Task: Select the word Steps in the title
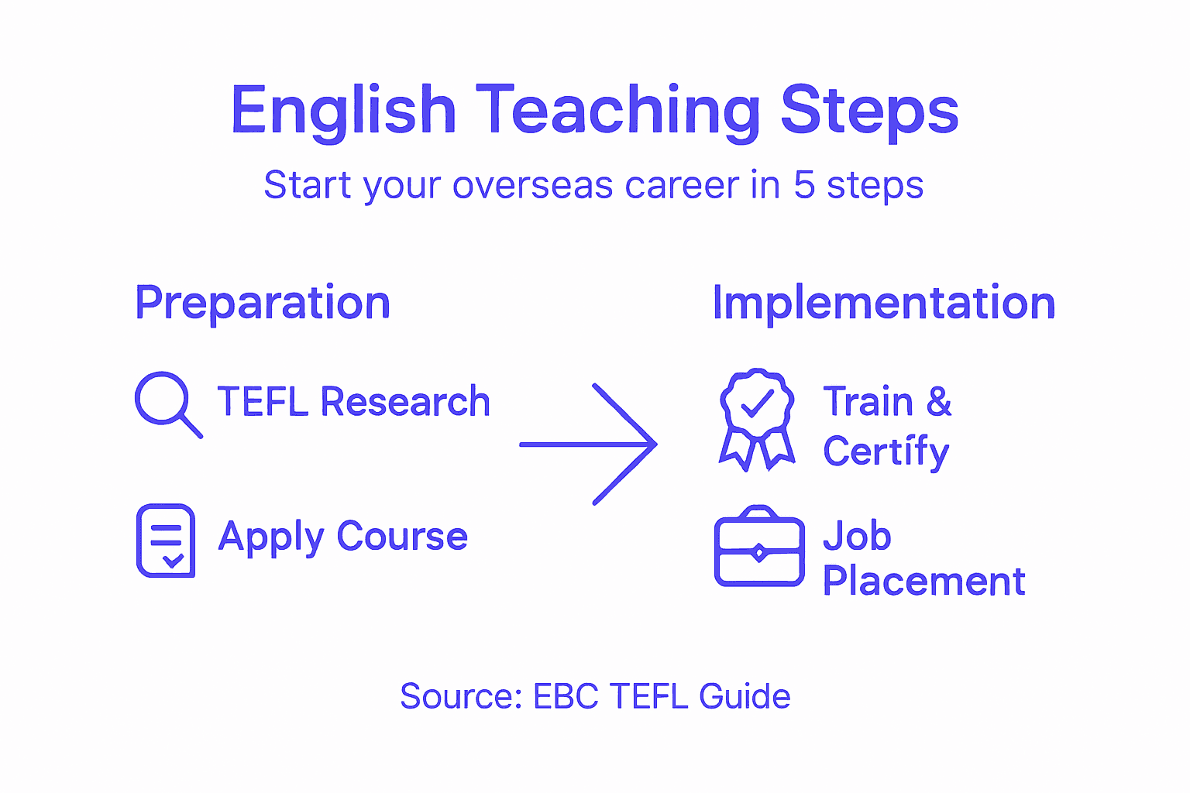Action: point(869,111)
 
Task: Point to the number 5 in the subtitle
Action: point(804,185)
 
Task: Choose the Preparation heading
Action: point(263,303)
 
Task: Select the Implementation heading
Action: point(883,303)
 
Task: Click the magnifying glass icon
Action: point(167,403)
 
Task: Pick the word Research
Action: point(405,402)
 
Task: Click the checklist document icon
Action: point(166,541)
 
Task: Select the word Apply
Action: point(271,537)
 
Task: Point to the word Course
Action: point(402,536)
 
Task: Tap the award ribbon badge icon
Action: point(757,418)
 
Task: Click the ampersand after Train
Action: point(938,402)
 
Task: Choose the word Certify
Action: point(886,451)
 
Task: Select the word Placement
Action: point(923,581)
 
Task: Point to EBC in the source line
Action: point(566,696)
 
